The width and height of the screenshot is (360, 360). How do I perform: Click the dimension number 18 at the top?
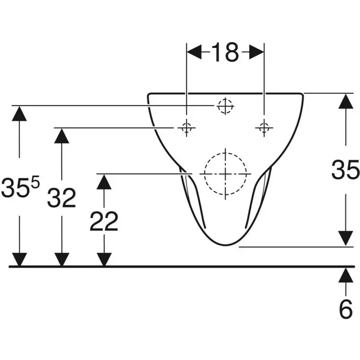click(225, 53)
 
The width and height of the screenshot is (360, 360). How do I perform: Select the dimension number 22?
click(104, 221)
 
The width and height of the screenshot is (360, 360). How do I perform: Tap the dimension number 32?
click(62, 198)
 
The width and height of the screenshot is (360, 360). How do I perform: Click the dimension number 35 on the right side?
click(346, 170)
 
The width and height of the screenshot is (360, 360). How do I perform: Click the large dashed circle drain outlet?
click(225, 174)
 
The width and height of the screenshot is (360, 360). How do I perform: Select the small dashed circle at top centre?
click(225, 106)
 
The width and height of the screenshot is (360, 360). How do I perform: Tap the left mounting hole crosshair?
click(186, 128)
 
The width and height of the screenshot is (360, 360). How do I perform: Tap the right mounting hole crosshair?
click(264, 128)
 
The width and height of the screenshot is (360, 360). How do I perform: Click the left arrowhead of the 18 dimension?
click(194, 52)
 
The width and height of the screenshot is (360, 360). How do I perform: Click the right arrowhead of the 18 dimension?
click(256, 52)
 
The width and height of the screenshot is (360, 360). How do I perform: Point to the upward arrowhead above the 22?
click(104, 182)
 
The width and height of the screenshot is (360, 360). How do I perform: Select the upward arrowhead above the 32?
click(62, 136)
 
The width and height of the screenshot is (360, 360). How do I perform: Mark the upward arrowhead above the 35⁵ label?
click(19, 113)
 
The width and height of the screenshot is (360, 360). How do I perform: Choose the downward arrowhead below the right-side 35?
click(346, 239)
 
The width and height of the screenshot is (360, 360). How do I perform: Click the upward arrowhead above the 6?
click(346, 275)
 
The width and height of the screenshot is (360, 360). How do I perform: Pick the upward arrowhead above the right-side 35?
click(346, 101)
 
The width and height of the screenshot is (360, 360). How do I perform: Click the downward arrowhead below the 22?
click(104, 260)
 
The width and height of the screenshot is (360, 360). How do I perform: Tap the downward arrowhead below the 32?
click(62, 260)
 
